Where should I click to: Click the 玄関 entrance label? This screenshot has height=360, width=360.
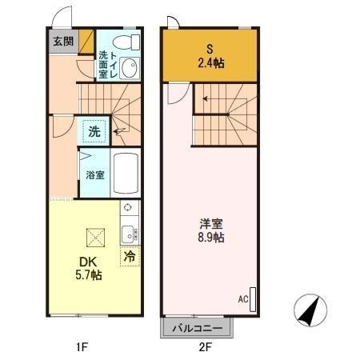pyautogui.click(x=62, y=41)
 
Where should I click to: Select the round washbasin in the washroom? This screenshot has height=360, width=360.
pyautogui.click(x=130, y=66)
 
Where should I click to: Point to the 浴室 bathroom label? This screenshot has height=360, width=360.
pyautogui.click(x=94, y=174)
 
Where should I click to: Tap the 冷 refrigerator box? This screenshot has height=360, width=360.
pyautogui.click(x=128, y=257)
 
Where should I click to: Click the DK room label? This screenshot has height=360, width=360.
pyautogui.click(x=86, y=262)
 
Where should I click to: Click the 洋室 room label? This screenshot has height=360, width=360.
pyautogui.click(x=212, y=223)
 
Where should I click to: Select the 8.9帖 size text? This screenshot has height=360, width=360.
pyautogui.click(x=212, y=238)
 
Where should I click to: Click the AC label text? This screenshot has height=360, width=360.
pyautogui.click(x=242, y=299)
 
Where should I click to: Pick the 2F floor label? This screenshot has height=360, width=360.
pyautogui.click(x=205, y=347)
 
